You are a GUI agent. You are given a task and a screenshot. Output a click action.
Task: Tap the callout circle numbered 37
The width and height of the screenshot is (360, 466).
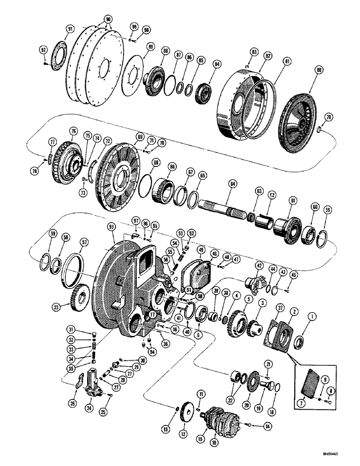(281, 306)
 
